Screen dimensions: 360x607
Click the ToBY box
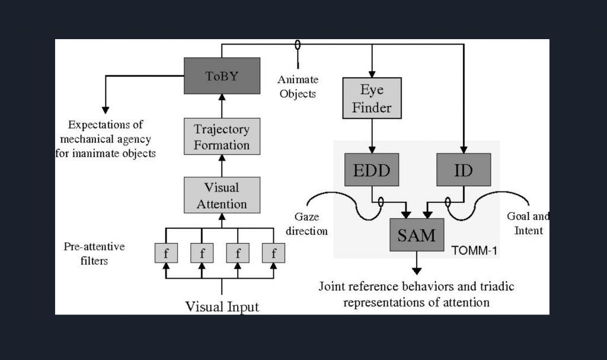[x=222, y=76]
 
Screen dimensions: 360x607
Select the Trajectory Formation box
[x=222, y=136]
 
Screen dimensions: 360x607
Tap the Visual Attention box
[x=222, y=196]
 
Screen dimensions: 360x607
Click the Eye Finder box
[x=372, y=98]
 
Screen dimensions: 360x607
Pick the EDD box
[x=372, y=170]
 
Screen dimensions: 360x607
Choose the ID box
[x=464, y=170]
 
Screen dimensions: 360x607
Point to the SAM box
[x=416, y=235]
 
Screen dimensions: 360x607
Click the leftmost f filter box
[x=166, y=253]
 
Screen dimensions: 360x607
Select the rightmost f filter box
[x=273, y=253]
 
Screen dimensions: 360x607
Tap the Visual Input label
[x=222, y=307]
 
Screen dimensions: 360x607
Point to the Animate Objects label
[x=298, y=87]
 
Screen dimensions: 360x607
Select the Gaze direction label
[x=306, y=224]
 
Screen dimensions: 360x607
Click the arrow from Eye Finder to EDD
[x=372, y=136]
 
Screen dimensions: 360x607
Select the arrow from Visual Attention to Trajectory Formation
[x=222, y=165]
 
